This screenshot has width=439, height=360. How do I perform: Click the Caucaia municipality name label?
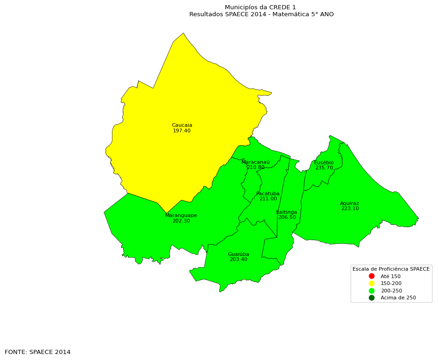[x=182, y=125]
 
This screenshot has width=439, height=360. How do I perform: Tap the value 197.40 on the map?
[x=182, y=131]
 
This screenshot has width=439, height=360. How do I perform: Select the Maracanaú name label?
[x=255, y=162]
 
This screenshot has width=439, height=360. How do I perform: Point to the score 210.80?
[x=256, y=168]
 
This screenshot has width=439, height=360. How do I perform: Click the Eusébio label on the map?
[x=324, y=163]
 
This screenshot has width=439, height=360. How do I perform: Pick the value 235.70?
[x=324, y=168]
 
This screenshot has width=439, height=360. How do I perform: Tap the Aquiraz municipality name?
[x=349, y=204]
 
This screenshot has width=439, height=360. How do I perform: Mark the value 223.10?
[x=350, y=209]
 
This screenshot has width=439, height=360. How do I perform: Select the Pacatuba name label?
[x=268, y=194]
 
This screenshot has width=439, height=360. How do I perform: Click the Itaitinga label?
[x=287, y=212]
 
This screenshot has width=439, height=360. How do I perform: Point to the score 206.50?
[x=287, y=217]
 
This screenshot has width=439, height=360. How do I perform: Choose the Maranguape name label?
[x=181, y=216]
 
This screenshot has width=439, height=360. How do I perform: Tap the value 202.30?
[x=181, y=221]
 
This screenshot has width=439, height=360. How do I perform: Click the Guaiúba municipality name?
[x=238, y=254]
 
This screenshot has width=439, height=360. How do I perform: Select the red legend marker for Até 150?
[x=371, y=276]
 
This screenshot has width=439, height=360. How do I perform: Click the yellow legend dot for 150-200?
[x=371, y=283]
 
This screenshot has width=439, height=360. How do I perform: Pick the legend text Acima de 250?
[x=398, y=298]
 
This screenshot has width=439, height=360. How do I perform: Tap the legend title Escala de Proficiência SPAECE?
[x=391, y=269]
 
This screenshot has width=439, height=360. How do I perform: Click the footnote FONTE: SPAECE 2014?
[x=37, y=352]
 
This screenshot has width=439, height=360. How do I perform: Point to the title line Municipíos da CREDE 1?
[x=260, y=7]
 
